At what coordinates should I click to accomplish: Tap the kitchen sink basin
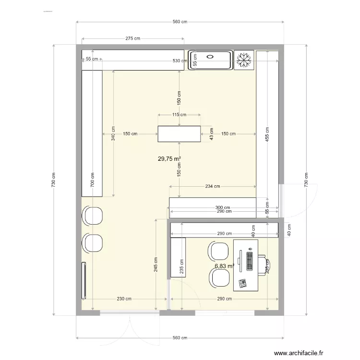pos(210,60)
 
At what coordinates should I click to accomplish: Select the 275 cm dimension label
pos(133,38)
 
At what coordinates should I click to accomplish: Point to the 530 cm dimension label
pos(180,61)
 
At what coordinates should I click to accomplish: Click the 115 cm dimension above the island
pos(179,115)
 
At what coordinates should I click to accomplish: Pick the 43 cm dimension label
pos(211,134)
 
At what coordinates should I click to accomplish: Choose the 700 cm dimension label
pos(93,180)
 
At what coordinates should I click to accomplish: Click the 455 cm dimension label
pos(267,136)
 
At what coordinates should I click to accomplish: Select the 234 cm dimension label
pos(213,186)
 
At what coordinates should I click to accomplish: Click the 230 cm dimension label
pos(124,299)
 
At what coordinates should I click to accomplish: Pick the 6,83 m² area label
pos(224,266)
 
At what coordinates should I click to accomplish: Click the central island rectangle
pos(180,134)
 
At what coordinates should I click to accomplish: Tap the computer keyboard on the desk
pos(250,259)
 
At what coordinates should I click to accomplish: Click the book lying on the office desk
pos(242,282)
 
